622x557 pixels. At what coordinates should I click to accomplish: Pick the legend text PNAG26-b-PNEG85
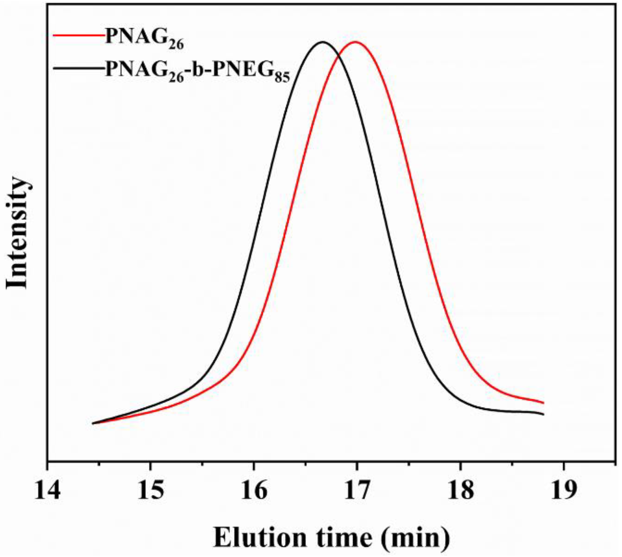pyautogui.click(x=197, y=70)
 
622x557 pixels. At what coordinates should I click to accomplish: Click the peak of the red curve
pyautogui.click(x=355, y=42)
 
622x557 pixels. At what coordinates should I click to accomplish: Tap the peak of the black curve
pyautogui.click(x=322, y=42)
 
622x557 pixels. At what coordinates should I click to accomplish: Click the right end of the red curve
pyautogui.click(x=543, y=403)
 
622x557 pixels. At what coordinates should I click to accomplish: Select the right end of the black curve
pyautogui.click(x=543, y=414)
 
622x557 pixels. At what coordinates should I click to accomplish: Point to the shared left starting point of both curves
pyautogui.click(x=93, y=423)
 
